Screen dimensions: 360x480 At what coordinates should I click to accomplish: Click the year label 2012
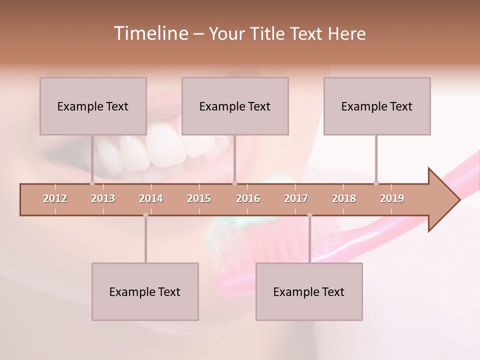(55, 198)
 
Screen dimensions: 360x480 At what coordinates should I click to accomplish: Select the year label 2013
(103, 198)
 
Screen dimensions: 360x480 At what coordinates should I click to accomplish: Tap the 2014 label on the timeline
(151, 198)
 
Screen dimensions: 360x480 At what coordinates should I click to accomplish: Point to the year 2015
(199, 198)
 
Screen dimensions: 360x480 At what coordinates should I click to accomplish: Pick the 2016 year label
(248, 198)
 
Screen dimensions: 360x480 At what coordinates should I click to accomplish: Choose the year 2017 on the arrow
(296, 198)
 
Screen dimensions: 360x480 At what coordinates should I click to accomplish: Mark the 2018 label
(344, 198)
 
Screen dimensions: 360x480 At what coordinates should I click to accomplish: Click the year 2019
(392, 198)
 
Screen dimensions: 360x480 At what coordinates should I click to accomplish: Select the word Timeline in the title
(150, 33)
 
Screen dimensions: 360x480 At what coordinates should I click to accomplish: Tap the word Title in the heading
(268, 33)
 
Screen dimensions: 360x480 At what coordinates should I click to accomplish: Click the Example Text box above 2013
(93, 106)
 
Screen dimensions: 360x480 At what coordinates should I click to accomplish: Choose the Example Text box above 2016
(235, 106)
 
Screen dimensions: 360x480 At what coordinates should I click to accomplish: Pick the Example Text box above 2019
(377, 106)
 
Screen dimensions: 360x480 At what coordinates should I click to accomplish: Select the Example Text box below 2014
(145, 291)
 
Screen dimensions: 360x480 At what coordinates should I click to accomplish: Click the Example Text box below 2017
(309, 291)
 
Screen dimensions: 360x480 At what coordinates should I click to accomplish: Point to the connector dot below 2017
(309, 215)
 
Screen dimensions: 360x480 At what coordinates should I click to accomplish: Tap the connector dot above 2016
(234, 183)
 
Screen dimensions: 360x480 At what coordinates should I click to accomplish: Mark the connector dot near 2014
(145, 215)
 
